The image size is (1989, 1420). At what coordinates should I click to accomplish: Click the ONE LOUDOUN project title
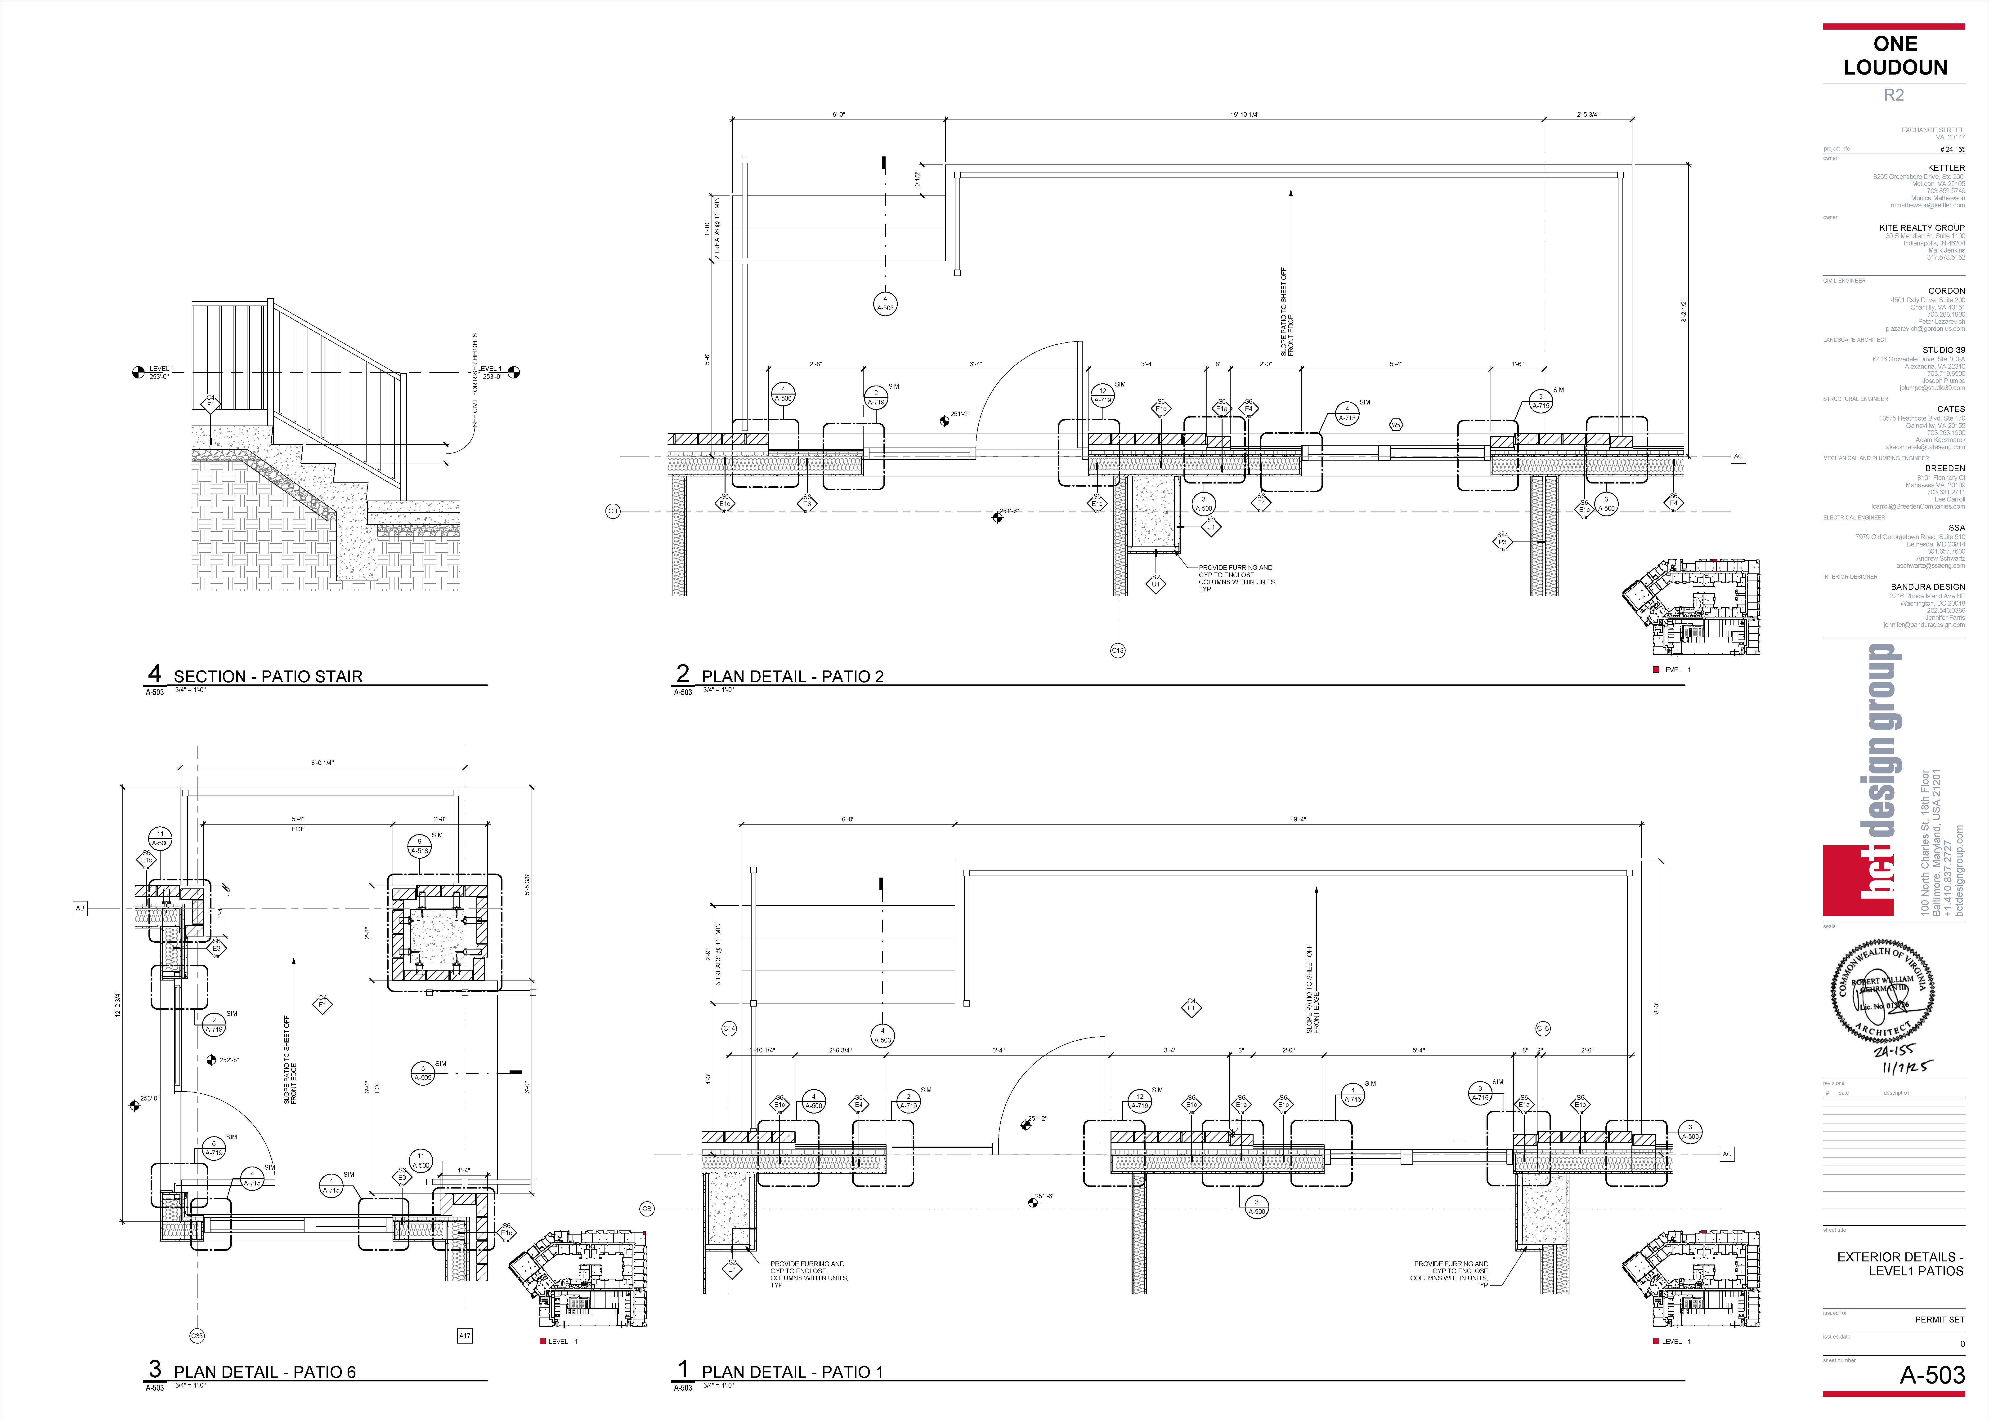[x=1895, y=56]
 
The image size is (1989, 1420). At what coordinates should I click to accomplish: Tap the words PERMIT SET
[x=1939, y=1319]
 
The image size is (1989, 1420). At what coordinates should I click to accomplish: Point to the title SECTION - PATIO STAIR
[x=268, y=676]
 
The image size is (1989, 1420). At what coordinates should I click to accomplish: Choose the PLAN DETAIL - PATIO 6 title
[x=264, y=1372]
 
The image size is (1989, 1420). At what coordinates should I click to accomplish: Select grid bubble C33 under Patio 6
[x=197, y=1336]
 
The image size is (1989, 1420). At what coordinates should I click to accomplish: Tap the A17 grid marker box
[x=464, y=1336]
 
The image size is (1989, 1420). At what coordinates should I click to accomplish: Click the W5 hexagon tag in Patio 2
[x=1396, y=425]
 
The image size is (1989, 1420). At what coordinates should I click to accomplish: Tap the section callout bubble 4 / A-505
[x=885, y=303]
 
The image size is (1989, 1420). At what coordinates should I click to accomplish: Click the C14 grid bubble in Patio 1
[x=729, y=1029]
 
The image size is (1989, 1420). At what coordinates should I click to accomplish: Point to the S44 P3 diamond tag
[x=1502, y=541]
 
